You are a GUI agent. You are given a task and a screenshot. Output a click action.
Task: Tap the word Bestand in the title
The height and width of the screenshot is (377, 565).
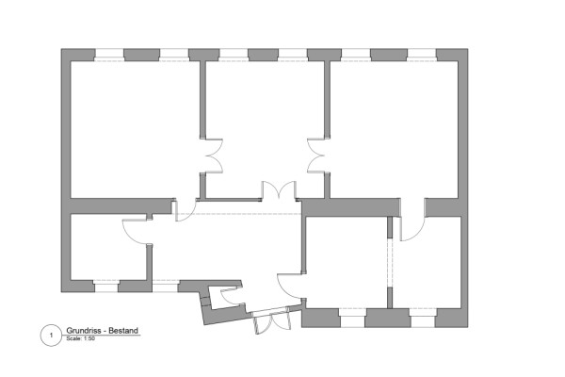(123, 331)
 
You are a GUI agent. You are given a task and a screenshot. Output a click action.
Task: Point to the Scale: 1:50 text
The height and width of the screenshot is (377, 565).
(81, 338)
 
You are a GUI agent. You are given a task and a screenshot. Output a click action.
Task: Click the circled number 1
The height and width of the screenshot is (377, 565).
(51, 336)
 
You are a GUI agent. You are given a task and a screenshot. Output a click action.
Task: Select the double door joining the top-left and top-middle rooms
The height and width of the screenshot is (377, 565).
(214, 156)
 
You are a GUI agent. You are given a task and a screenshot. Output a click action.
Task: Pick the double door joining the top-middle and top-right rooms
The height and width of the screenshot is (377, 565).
(316, 156)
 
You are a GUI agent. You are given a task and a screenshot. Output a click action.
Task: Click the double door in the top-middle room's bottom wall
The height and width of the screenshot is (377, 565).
(279, 190)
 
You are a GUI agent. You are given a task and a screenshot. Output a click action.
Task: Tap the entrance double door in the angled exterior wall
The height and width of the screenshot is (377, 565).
(272, 321)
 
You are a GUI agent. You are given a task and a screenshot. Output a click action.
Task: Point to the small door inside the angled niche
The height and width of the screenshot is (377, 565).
(230, 296)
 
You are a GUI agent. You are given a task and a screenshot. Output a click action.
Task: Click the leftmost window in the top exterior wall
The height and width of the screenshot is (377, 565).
(109, 55)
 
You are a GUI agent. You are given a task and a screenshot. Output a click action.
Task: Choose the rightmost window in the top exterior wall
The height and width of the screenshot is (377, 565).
(422, 55)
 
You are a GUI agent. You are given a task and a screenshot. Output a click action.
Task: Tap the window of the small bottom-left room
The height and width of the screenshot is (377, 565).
(105, 286)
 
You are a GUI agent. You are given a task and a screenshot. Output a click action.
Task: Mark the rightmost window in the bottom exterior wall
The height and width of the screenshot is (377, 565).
(423, 318)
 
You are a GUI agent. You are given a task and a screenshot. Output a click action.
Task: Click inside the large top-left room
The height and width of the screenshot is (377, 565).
(135, 129)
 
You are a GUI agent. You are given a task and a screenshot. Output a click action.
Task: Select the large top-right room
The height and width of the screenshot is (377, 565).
(395, 129)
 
